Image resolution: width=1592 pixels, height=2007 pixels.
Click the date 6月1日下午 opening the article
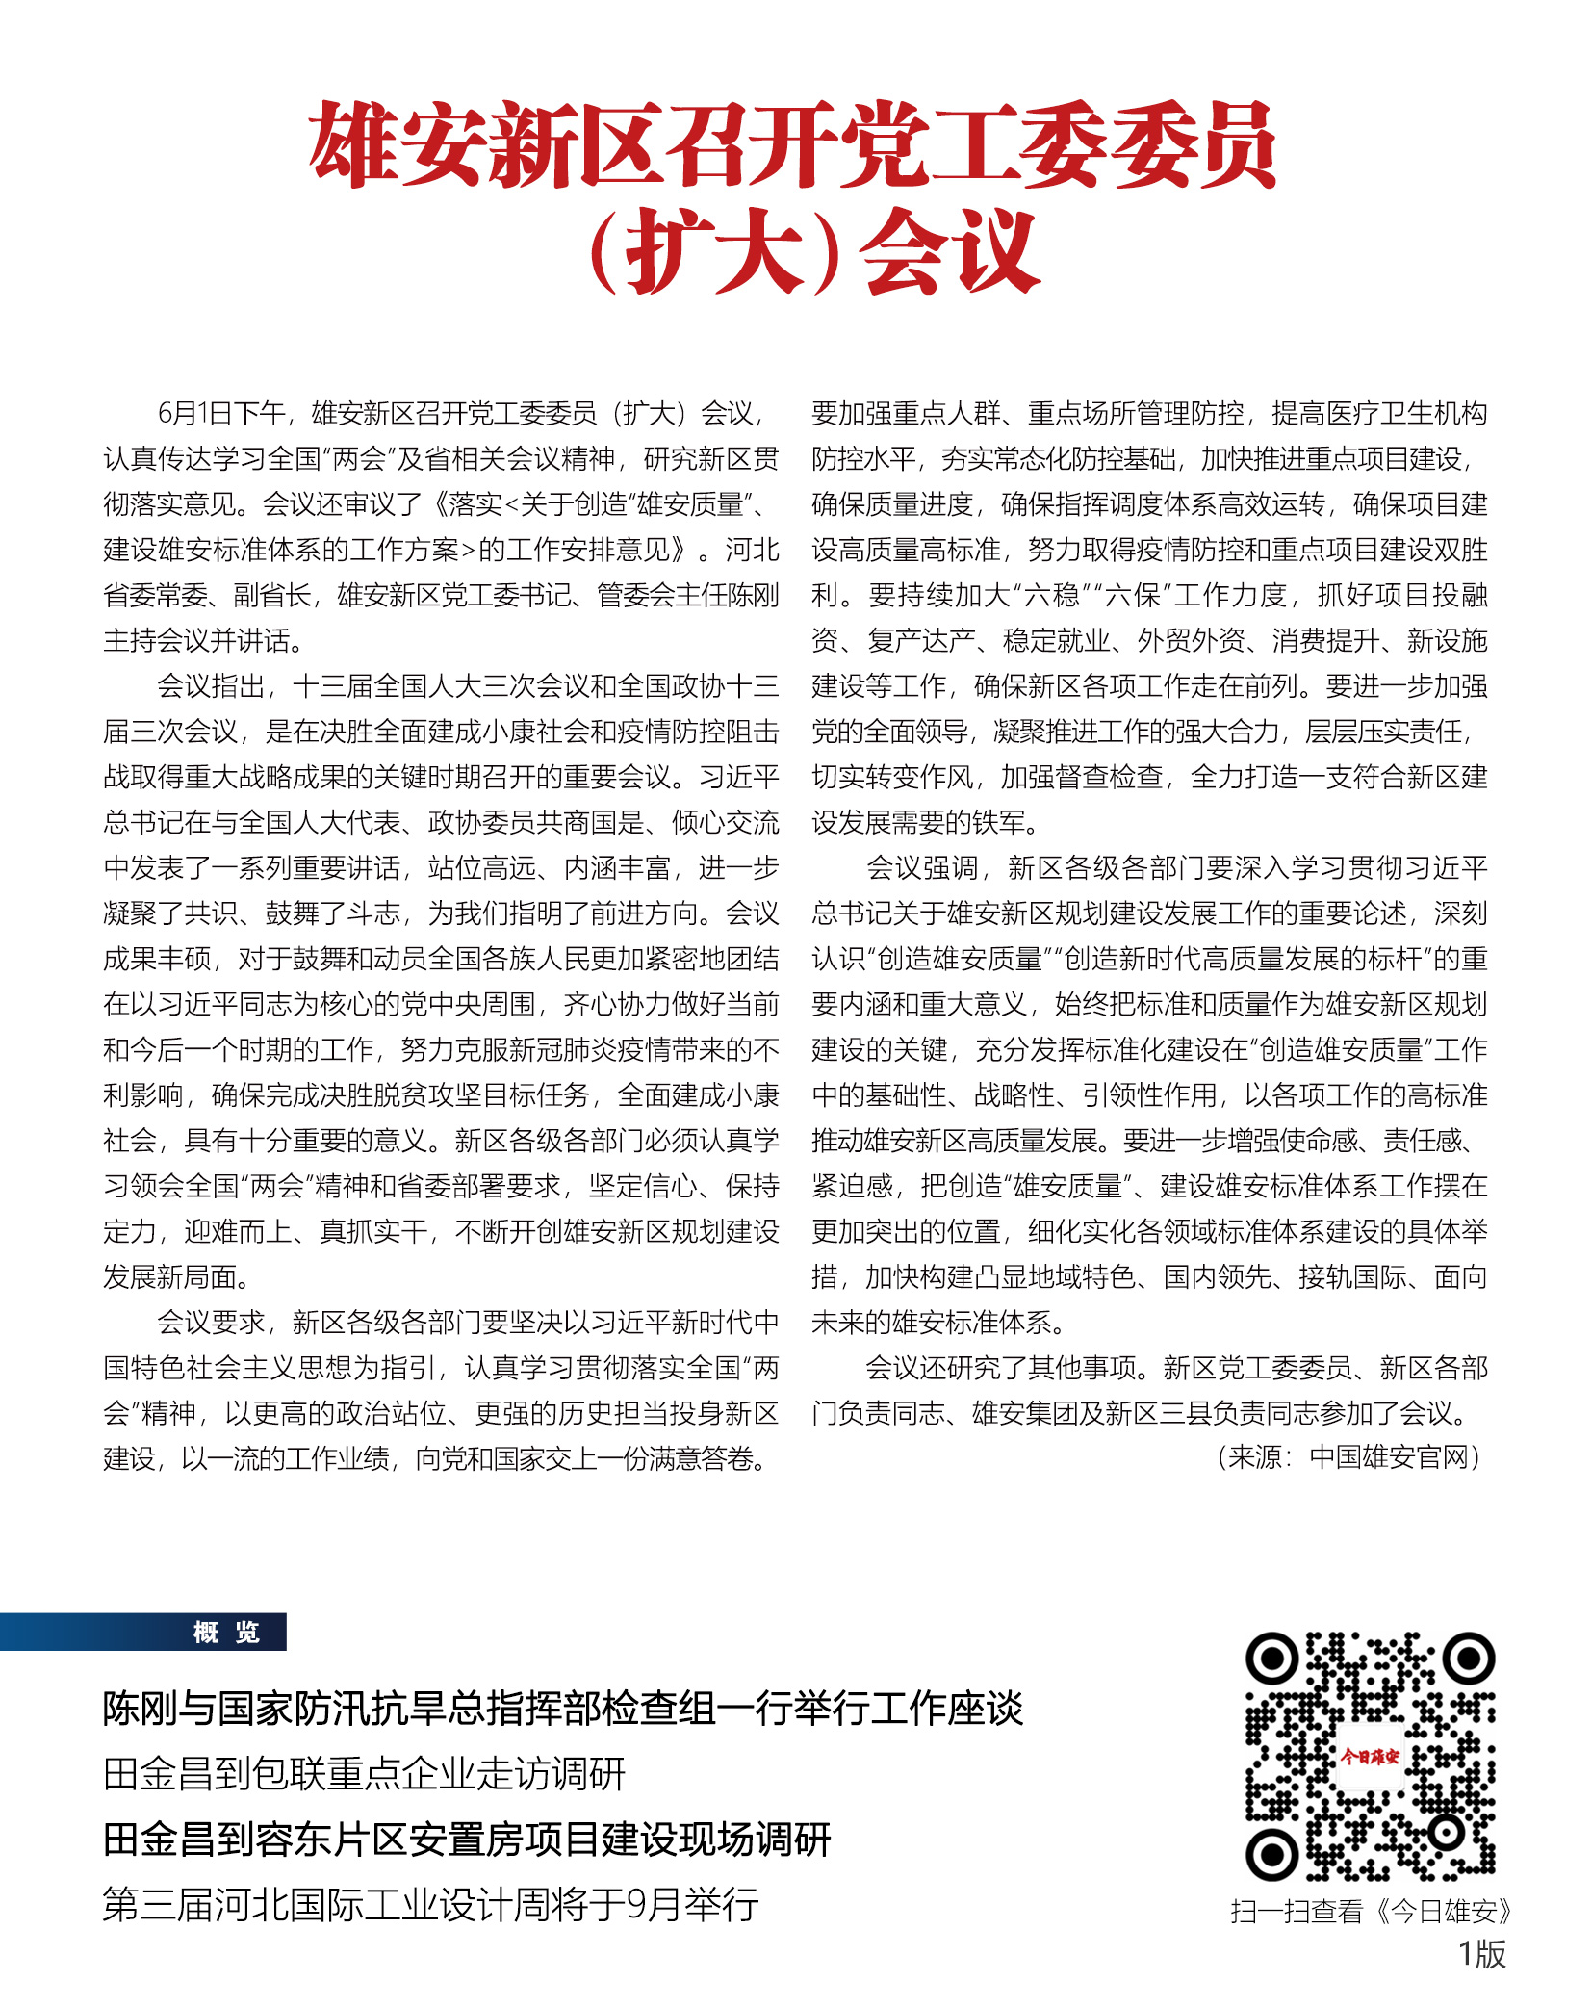tap(222, 414)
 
